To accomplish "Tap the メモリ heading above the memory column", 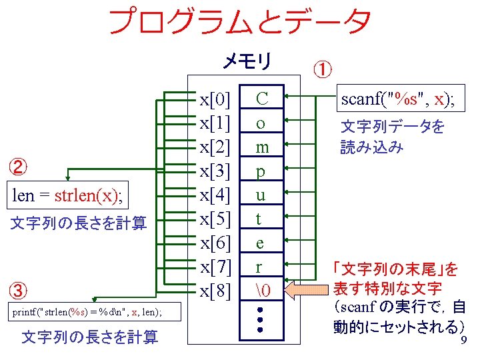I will point(246,62).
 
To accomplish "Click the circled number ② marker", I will point(20,165).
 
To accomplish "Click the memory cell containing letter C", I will point(262,99).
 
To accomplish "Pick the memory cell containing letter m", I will point(262,147).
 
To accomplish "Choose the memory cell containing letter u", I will point(262,195).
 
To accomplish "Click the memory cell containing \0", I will point(262,291).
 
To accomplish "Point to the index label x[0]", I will point(215,100).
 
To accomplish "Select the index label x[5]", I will point(215,219).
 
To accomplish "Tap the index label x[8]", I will point(215,291).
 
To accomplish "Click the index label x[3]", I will point(215,171).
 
